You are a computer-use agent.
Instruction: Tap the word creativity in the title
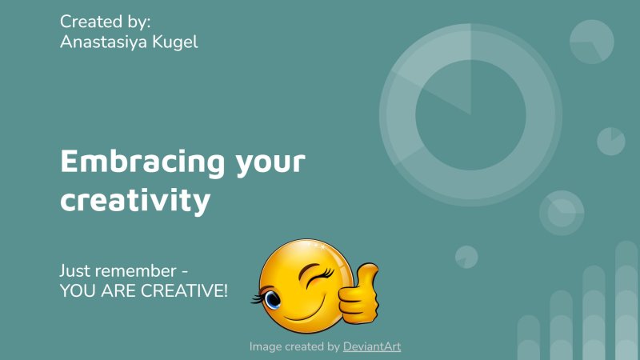tap(135, 200)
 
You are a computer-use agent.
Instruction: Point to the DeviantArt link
tap(372, 346)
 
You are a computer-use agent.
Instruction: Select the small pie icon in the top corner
tap(592, 41)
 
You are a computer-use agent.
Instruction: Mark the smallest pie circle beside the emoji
tap(466, 257)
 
